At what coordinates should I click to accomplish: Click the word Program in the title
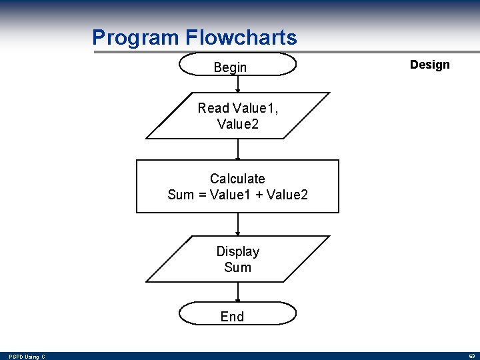coord(136,37)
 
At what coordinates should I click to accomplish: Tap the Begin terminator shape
coord(238,65)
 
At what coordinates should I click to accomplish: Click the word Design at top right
coord(429,65)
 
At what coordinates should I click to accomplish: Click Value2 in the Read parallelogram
coord(237,124)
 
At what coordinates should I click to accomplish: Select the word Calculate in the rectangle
coord(237,179)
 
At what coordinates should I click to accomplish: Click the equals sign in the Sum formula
coord(201,195)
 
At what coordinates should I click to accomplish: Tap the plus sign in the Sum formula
coord(257,195)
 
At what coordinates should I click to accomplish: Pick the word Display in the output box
coord(237,251)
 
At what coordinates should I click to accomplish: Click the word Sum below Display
coord(237,267)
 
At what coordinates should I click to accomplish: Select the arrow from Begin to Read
coord(238,84)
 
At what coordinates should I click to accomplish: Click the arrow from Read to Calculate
coord(238,149)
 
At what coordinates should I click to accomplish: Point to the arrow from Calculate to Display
coord(238,224)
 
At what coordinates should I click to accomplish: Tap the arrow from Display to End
coord(238,292)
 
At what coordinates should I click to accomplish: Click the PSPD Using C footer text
coord(27,357)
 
